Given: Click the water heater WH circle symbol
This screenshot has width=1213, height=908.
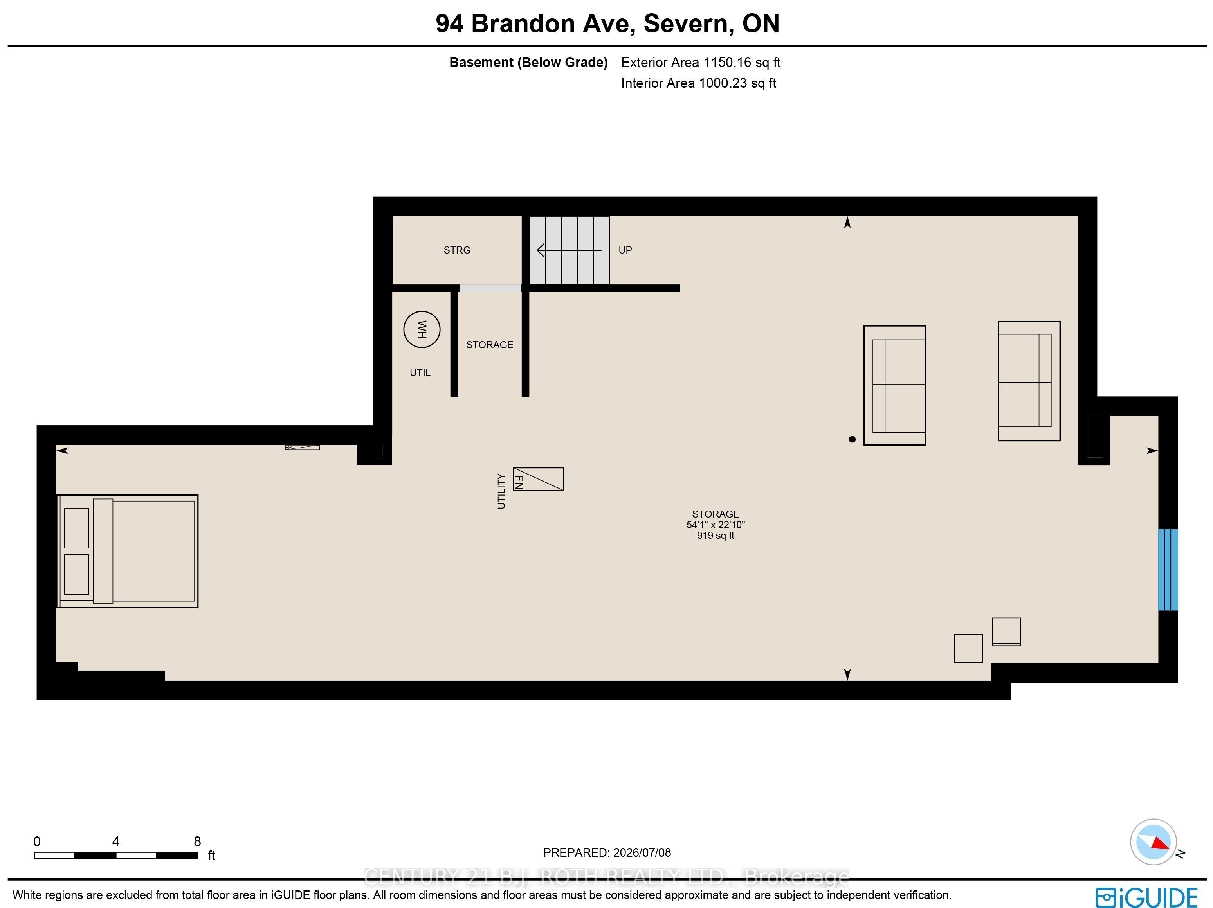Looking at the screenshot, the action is [422, 329].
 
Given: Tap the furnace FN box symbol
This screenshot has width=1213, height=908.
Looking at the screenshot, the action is [538, 479].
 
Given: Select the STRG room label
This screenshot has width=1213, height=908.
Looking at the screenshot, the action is [457, 250].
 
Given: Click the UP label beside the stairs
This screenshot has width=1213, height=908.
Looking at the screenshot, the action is [625, 250].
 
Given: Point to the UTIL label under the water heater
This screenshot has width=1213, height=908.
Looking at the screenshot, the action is [420, 372].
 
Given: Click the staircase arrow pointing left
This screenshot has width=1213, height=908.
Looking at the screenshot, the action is [569, 250].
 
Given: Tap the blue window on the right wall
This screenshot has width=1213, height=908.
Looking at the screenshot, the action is [1168, 569].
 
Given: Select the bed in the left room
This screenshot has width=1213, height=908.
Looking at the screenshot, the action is [127, 551].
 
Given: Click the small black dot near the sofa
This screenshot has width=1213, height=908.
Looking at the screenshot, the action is [852, 439].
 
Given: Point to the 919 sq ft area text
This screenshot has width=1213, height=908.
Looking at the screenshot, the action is [715, 536].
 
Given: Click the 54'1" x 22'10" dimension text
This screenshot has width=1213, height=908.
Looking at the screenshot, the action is [715, 524].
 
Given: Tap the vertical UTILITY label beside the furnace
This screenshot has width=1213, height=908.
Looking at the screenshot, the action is [501, 491].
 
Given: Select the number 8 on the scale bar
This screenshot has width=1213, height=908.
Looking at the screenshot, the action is [197, 841].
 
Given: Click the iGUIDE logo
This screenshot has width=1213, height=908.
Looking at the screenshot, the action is [1146, 897].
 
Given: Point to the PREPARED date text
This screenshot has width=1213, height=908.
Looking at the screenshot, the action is [607, 853].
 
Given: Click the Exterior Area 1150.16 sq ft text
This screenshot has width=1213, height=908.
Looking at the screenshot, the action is [701, 63].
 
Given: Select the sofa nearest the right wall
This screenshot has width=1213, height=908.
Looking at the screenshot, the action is [1029, 381].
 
